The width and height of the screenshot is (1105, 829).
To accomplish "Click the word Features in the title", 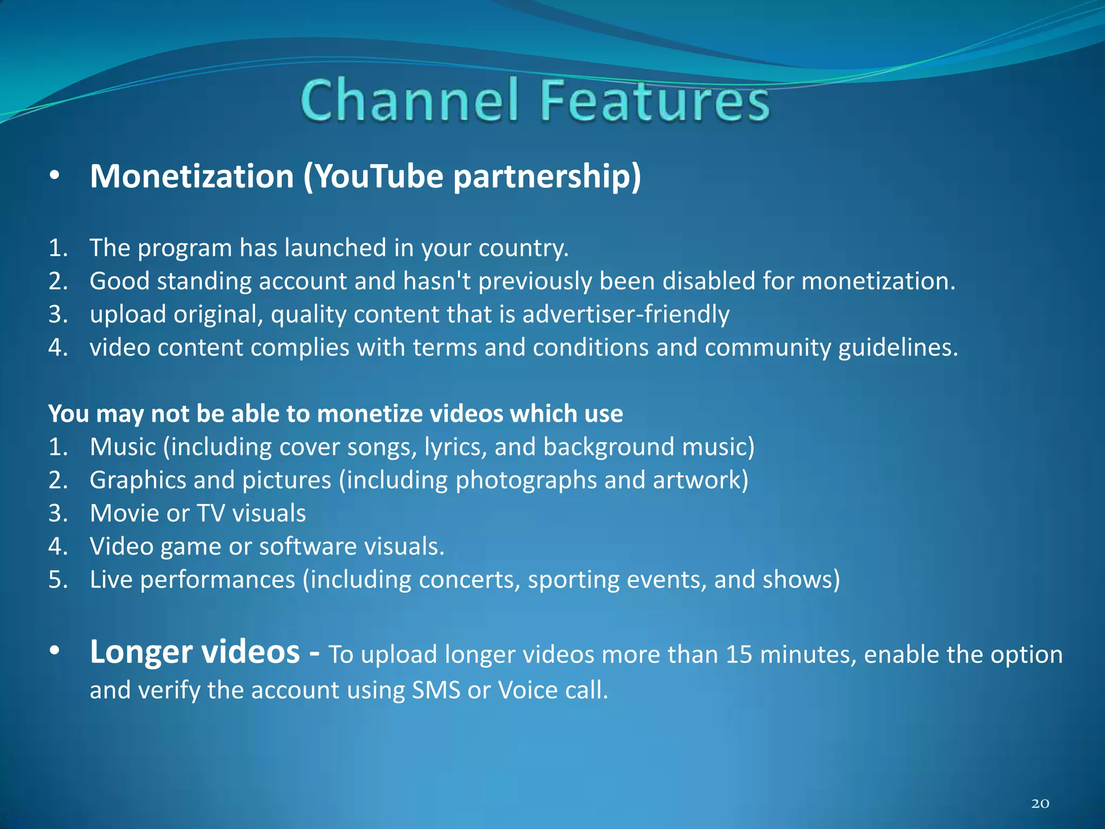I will pos(654,100).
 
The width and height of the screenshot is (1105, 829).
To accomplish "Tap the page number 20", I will pos(1040,804).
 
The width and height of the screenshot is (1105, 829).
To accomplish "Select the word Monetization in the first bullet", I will pos(192,176).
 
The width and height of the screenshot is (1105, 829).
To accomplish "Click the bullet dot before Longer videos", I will pos(54,652).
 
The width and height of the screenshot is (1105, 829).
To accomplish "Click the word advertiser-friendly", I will pos(625,314).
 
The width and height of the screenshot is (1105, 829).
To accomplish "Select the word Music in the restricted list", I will pos(123,447).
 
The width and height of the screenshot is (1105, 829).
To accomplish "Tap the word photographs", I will pos(526,480).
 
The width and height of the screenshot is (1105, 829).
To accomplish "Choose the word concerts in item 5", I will pos(469,580).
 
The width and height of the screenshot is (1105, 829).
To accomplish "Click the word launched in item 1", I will pos(335,248).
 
